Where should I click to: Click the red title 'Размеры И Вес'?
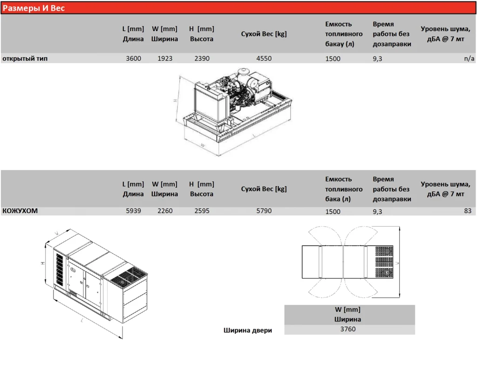[34, 8]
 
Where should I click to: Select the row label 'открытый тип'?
[25, 58]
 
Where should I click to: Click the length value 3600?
[134, 58]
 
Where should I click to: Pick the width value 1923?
[165, 58]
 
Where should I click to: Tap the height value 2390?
[202, 58]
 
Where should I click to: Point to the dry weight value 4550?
[264, 58]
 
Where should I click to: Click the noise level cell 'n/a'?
[469, 58]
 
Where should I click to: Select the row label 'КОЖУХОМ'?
[20, 211]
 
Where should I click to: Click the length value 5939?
[134, 211]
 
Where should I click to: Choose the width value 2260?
[165, 211]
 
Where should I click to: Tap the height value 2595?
[202, 211]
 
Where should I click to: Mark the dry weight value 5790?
[264, 211]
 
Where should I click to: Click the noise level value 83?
[468, 211]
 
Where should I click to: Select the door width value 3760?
[348, 329]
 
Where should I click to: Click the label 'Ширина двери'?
[248, 331]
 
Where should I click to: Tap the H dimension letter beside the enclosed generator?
[43, 263]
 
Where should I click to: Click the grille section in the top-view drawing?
[384, 262]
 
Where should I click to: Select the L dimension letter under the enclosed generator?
[82, 320]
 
